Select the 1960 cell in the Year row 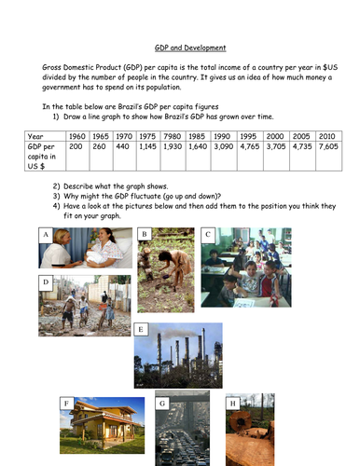[77, 136]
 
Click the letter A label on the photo [45, 235]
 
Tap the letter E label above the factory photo [141, 329]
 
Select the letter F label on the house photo [66, 403]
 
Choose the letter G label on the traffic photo [162, 404]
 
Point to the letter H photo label [232, 403]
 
